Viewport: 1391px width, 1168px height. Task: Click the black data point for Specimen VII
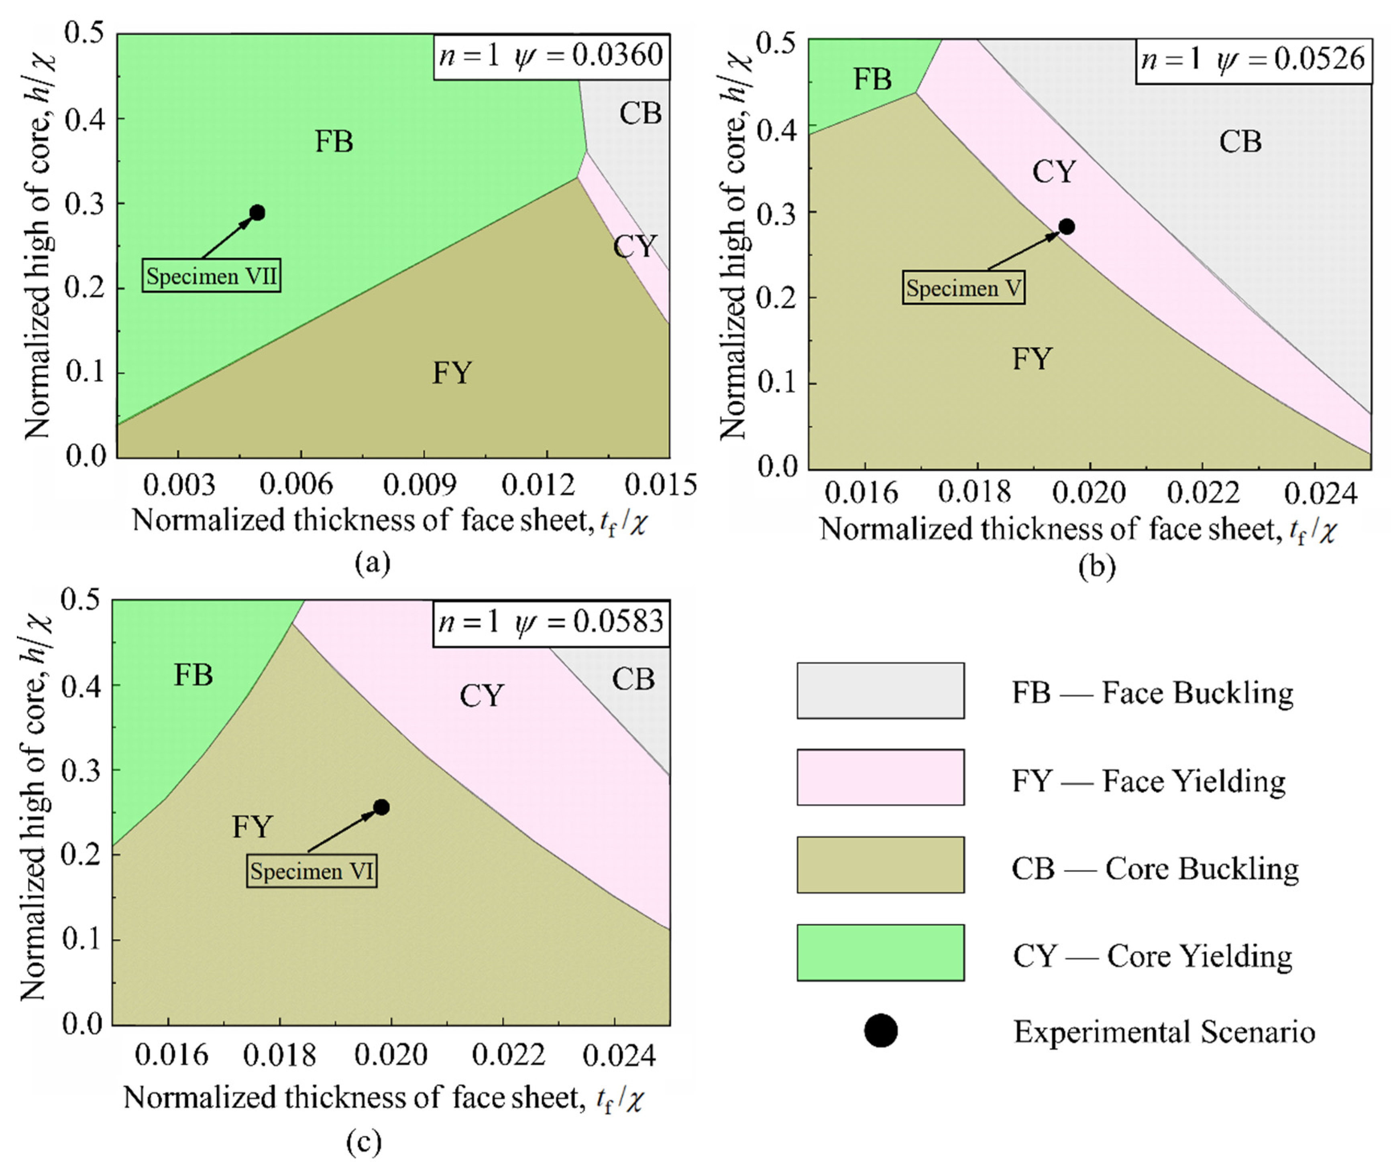tap(258, 213)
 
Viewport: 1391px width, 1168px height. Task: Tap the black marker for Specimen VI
tap(381, 807)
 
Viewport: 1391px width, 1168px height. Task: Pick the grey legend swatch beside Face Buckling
tap(880, 691)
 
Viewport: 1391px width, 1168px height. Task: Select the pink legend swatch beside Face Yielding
tap(880, 777)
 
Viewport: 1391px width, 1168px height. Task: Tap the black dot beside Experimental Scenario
tap(881, 1031)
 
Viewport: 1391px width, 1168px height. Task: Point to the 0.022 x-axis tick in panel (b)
tap(1203, 493)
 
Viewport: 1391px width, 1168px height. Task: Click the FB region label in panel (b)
tap(872, 79)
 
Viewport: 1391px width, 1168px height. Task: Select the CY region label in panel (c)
tap(482, 696)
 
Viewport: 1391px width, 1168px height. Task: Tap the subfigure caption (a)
tap(373, 563)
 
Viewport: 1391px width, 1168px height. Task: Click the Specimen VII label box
tap(211, 275)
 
